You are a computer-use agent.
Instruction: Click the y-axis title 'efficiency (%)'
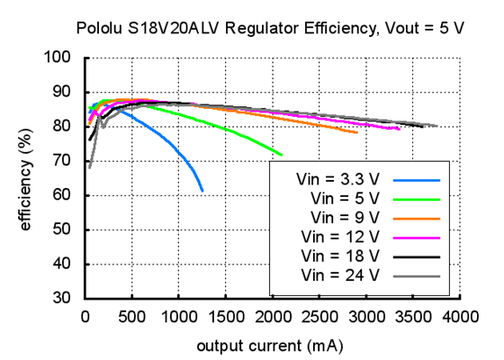click(x=26, y=178)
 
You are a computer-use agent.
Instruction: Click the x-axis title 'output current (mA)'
click(x=270, y=345)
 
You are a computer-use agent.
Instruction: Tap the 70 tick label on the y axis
click(x=63, y=161)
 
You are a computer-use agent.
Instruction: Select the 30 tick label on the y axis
click(x=63, y=299)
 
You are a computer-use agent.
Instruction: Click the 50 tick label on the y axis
click(x=63, y=230)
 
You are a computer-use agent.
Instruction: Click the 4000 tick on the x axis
click(x=460, y=317)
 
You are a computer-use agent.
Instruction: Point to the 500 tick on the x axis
click(x=132, y=317)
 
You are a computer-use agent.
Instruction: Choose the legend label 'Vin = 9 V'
click(x=345, y=216)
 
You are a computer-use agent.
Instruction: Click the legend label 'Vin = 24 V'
click(x=341, y=274)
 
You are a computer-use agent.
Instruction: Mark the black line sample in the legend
click(x=415, y=256)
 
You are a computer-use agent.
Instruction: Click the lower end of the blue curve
click(x=202, y=190)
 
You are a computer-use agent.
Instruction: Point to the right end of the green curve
click(x=282, y=155)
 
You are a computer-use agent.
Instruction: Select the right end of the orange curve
click(x=356, y=132)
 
